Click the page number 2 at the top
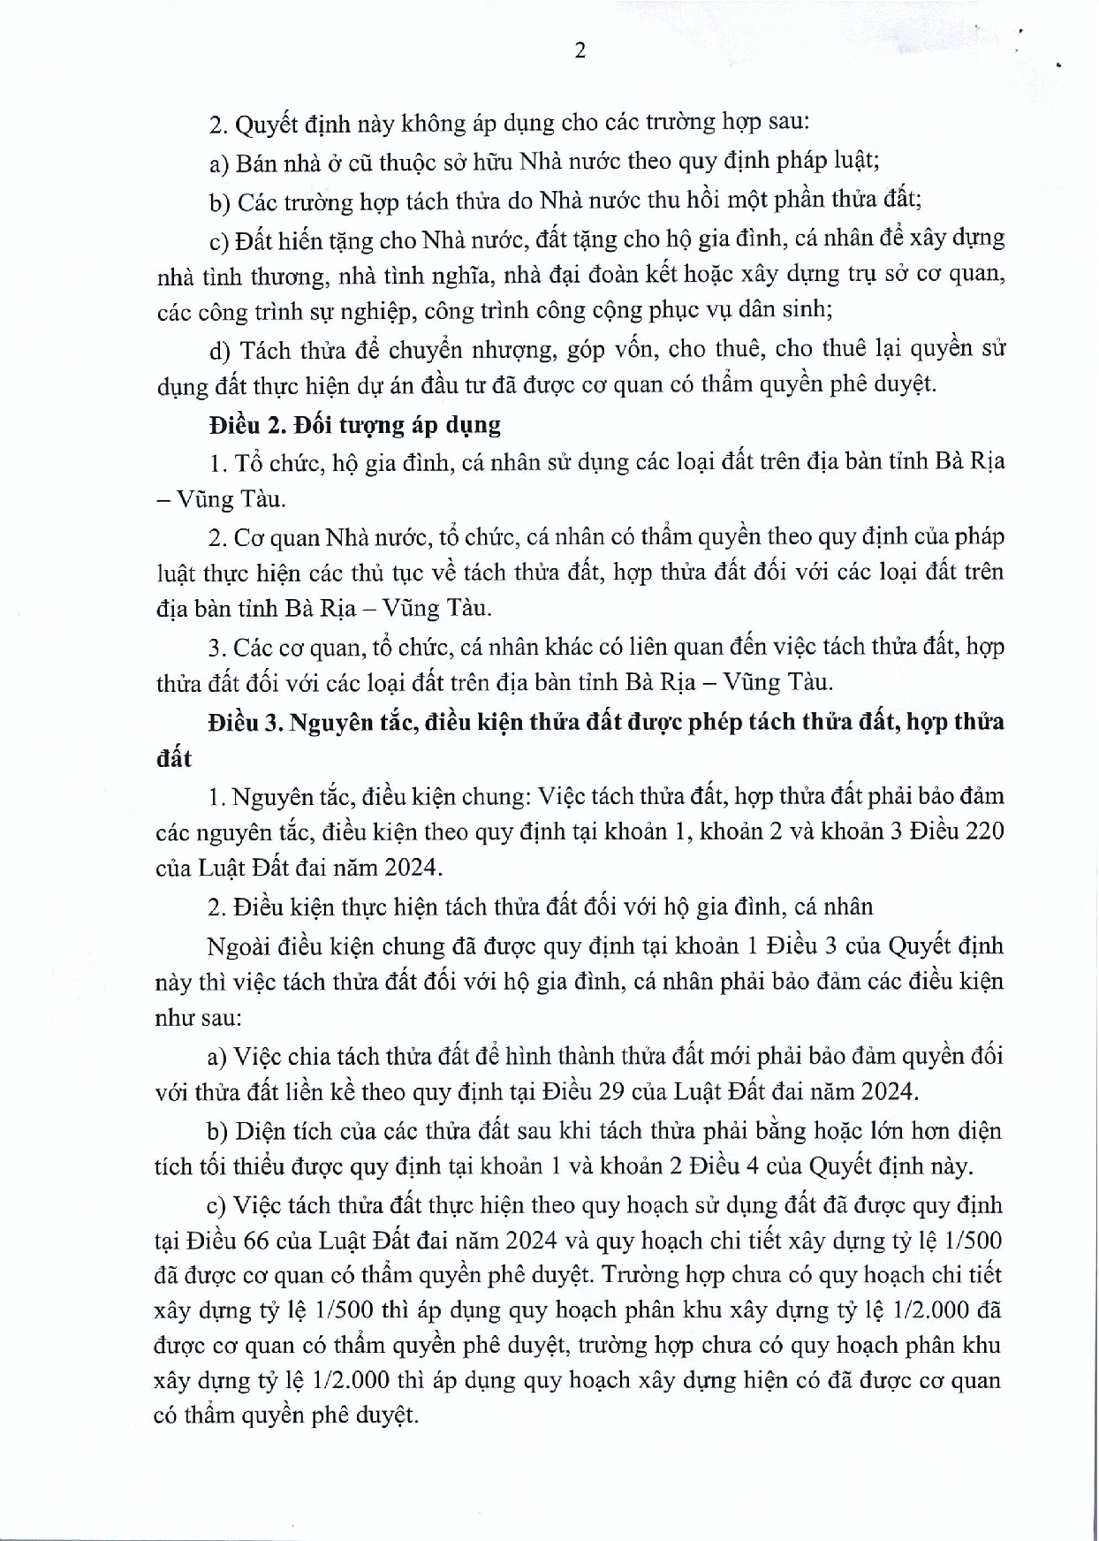(580, 51)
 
